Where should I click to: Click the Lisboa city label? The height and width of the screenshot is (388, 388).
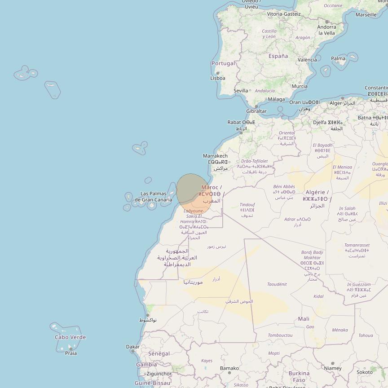pyautogui.click(x=218, y=78)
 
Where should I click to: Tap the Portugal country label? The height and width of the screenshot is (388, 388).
pyautogui.click(x=223, y=63)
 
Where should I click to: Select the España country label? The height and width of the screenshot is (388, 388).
pyautogui.click(x=278, y=56)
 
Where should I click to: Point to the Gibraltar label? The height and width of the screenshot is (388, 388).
pyautogui.click(x=256, y=111)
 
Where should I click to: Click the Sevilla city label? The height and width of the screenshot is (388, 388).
pyautogui.click(x=241, y=90)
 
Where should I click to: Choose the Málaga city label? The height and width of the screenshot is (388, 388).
pyautogui.click(x=276, y=99)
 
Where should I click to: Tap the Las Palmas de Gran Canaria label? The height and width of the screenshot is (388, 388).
pyautogui.click(x=153, y=197)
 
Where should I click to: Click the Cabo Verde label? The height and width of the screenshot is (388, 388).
pyautogui.click(x=70, y=337)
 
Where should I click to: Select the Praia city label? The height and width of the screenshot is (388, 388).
pyautogui.click(x=71, y=353)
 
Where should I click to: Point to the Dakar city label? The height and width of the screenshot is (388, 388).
pyautogui.click(x=132, y=347)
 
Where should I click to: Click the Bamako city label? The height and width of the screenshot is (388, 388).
pyautogui.click(x=229, y=368)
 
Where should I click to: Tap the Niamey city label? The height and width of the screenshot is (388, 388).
pyautogui.click(x=333, y=368)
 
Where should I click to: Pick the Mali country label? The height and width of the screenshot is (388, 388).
pyautogui.click(x=304, y=319)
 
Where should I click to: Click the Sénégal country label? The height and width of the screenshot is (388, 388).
pyautogui.click(x=159, y=354)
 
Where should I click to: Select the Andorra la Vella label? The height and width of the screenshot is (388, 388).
pyautogui.click(x=326, y=30)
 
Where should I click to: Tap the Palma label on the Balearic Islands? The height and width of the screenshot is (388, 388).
pyautogui.click(x=338, y=58)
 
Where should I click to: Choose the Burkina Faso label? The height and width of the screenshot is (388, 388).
pyautogui.click(x=299, y=376)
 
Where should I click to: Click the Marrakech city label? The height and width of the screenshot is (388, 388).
pyautogui.click(x=215, y=156)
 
